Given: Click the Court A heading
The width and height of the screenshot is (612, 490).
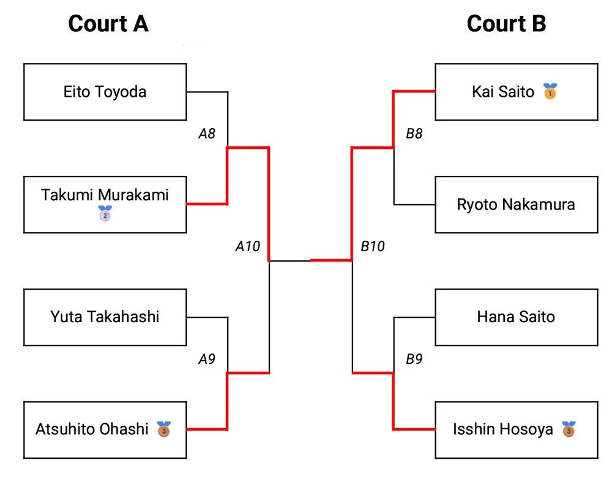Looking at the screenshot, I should (108, 24).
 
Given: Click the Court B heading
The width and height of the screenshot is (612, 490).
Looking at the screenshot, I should (506, 24).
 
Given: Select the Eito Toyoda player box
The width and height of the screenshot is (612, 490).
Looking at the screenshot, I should (105, 92).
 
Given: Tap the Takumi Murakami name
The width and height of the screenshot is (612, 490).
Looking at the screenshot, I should (105, 195).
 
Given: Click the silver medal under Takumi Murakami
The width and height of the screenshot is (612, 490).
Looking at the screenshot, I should (105, 214).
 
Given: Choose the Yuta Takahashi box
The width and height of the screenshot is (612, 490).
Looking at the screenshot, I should (105, 317).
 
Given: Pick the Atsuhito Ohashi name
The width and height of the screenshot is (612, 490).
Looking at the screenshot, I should (92, 429).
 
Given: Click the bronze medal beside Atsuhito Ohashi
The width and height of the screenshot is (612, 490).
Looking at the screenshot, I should (163, 429).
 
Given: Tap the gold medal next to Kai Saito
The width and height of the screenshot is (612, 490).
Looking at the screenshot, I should (550, 92).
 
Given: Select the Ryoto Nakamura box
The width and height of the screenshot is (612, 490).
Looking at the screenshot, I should (516, 205).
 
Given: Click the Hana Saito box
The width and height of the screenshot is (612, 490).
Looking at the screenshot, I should (516, 317).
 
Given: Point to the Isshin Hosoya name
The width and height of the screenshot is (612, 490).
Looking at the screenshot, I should (502, 429).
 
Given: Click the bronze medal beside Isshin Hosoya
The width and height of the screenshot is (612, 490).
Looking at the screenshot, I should (569, 429).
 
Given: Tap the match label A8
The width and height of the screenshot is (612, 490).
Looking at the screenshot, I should (207, 134).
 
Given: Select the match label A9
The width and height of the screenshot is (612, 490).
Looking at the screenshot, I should (207, 360).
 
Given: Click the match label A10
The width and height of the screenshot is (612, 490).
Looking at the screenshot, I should (248, 247).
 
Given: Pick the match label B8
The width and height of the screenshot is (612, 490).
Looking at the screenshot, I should (414, 134).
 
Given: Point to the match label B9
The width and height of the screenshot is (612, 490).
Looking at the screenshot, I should (414, 360).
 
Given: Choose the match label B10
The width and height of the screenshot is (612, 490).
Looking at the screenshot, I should (373, 247).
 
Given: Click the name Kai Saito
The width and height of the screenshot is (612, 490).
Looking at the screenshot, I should (503, 92).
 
